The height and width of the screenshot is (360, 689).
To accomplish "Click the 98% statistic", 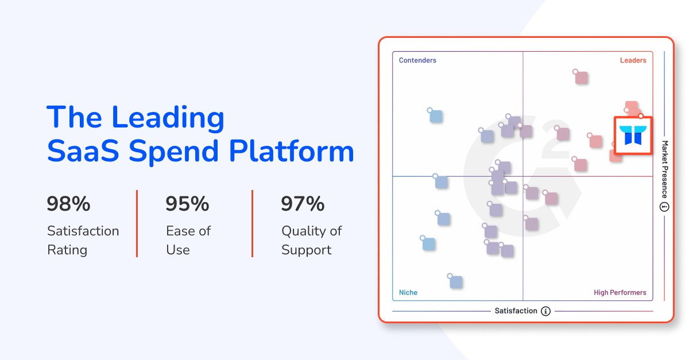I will point(69,204).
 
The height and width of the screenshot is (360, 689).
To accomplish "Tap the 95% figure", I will point(187,204).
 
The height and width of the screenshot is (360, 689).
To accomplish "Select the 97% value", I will point(303,204).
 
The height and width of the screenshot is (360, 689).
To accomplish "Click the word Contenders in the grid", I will point(417,60).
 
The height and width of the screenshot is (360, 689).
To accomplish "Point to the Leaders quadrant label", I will point(633,60).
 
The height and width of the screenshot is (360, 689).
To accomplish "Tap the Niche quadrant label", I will point(408,293).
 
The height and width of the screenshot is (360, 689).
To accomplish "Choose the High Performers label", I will point(620,293).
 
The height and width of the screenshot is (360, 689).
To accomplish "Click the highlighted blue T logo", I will point(633,136).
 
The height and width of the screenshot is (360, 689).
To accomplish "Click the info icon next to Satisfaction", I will point(545,311).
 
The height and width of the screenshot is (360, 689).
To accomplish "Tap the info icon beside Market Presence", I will point(665,207).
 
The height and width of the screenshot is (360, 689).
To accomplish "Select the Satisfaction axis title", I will point(516,311).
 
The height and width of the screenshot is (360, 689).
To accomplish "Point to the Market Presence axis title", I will point(665,169).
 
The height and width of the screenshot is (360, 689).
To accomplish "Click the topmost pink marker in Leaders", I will point(581,78).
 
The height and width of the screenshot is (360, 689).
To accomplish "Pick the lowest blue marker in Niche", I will point(456,282).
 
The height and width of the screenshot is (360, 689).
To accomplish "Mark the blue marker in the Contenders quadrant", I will point(436,116).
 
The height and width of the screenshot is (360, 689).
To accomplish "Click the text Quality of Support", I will point(311,241).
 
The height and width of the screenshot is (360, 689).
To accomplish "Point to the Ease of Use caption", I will point(188,241).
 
